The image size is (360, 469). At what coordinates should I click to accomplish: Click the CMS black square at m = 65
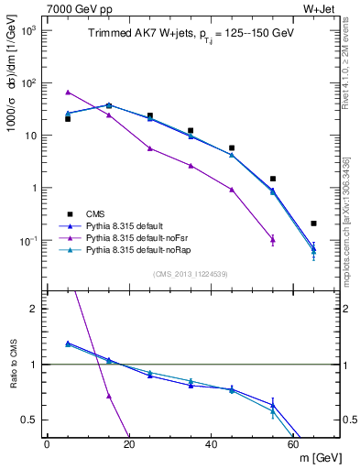click(313, 224)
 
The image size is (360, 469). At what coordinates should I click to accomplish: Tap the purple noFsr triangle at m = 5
click(68, 93)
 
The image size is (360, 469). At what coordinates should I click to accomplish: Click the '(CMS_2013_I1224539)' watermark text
click(191, 273)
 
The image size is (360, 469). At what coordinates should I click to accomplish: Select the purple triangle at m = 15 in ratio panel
click(109, 396)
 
